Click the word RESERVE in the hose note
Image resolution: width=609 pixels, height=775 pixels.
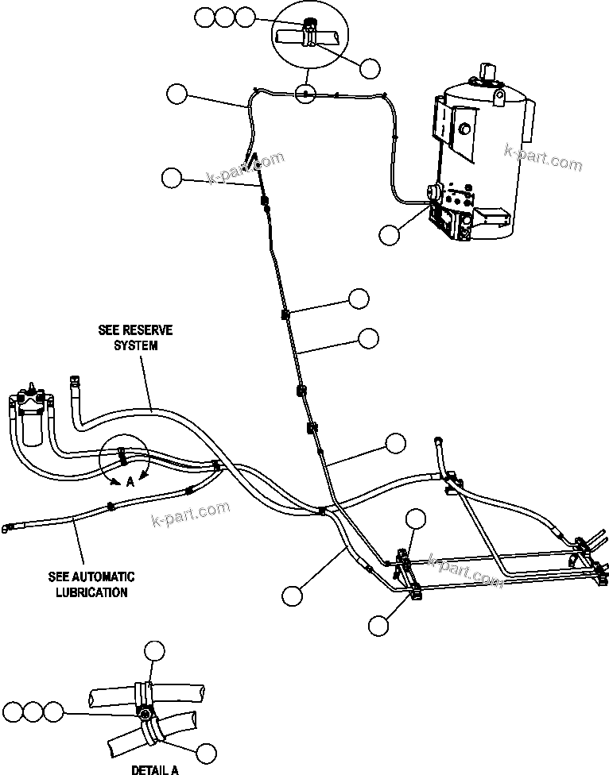(152, 330)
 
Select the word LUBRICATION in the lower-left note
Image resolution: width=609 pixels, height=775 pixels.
(92, 592)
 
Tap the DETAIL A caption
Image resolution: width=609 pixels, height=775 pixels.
(155, 769)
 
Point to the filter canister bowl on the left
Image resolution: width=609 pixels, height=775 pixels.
(32, 429)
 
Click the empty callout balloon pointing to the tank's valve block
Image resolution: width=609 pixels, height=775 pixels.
(390, 234)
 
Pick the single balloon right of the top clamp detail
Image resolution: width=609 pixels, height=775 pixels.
(370, 69)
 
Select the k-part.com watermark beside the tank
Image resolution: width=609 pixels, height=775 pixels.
(543, 158)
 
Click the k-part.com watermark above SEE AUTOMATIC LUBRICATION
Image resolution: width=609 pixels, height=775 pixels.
(190, 514)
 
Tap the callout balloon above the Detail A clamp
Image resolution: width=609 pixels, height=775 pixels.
(154, 653)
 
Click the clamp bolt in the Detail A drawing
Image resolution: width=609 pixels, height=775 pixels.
(146, 715)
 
